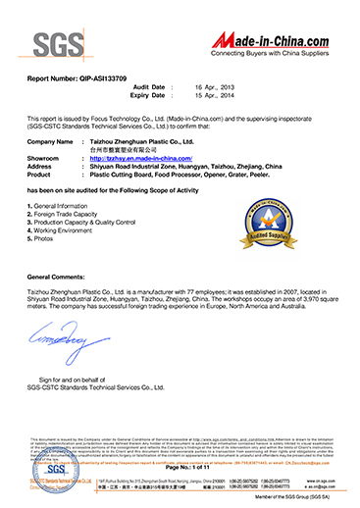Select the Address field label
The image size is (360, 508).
(x=43, y=164)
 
